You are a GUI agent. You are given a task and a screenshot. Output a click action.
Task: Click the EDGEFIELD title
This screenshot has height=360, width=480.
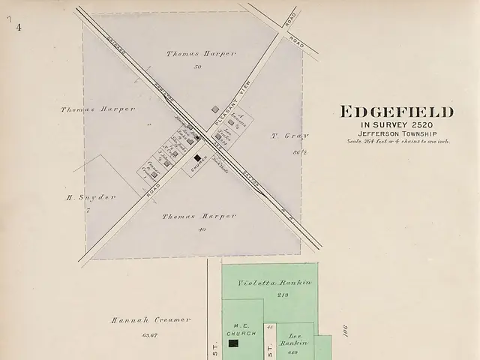click(x=397, y=112)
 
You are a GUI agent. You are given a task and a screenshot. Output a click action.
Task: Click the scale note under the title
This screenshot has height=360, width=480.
click(x=397, y=141)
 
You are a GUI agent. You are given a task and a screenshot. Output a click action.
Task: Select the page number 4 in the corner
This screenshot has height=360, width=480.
click(x=18, y=27)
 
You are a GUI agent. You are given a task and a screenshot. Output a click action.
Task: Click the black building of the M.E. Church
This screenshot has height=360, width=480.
click(x=233, y=343)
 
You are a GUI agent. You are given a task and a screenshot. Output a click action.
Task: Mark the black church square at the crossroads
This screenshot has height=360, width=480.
click(x=198, y=159)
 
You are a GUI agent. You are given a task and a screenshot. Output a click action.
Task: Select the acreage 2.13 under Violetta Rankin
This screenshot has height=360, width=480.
click(x=262, y=295)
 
